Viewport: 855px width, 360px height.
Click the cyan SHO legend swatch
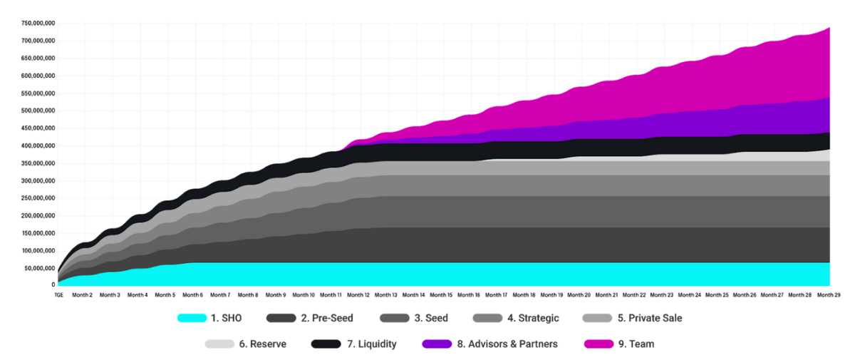point(192,318)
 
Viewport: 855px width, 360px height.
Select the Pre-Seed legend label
point(327,318)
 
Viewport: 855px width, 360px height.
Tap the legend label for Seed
point(431,318)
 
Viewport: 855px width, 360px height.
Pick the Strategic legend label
point(533,318)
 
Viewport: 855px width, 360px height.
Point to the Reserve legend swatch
point(219,344)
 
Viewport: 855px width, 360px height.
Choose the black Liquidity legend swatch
point(326,344)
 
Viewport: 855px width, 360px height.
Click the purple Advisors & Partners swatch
point(437,344)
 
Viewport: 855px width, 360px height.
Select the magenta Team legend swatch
point(598,344)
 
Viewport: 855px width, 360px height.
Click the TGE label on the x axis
point(58,294)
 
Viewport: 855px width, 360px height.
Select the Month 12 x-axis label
point(358,294)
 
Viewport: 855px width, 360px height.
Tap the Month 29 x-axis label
point(828,294)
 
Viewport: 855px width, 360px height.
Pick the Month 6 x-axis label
point(192,294)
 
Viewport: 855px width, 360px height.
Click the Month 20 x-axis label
point(579,294)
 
